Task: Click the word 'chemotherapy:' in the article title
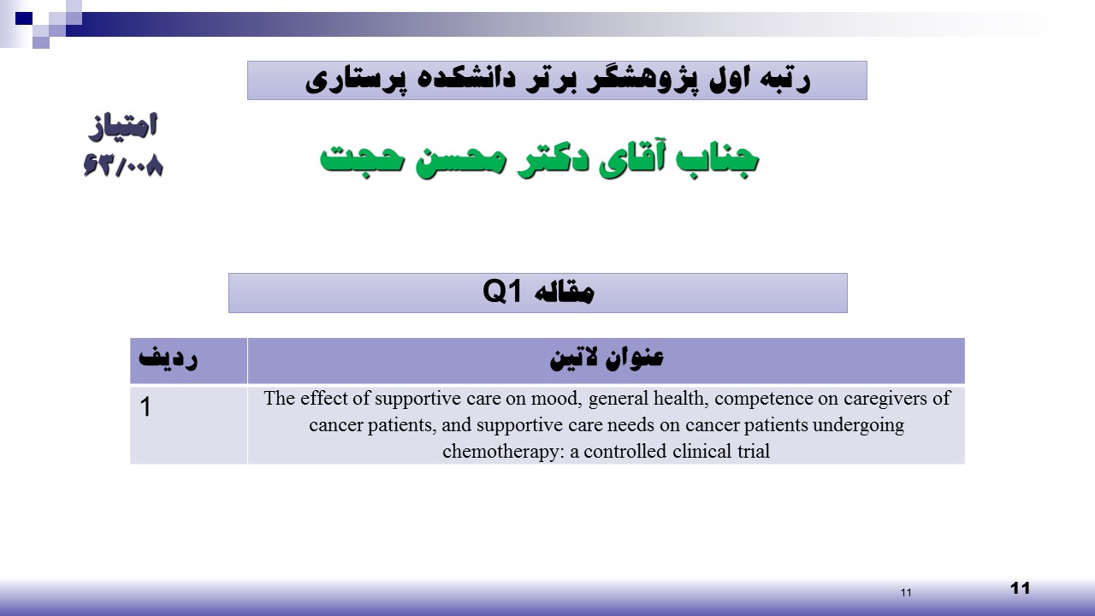pyautogui.click(x=504, y=451)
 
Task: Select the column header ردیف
pyautogui.click(x=169, y=358)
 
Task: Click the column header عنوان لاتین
pyautogui.click(x=607, y=358)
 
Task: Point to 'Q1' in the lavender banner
pyautogui.click(x=502, y=292)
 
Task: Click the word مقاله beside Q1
pyautogui.click(x=564, y=293)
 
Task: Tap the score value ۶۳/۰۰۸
pyautogui.click(x=123, y=165)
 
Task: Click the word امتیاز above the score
pyautogui.click(x=123, y=127)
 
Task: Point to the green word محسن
pyautogui.click(x=460, y=162)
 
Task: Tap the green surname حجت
pyautogui.click(x=362, y=159)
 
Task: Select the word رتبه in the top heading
pyautogui.click(x=781, y=80)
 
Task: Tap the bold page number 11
pyautogui.click(x=1021, y=588)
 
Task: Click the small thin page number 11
pyautogui.click(x=906, y=593)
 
